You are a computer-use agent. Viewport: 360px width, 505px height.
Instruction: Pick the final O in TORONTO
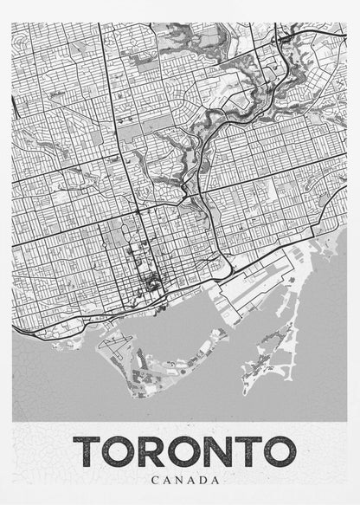pyautogui.click(x=278, y=451)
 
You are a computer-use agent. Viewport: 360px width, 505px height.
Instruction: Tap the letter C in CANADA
pyautogui.click(x=154, y=478)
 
